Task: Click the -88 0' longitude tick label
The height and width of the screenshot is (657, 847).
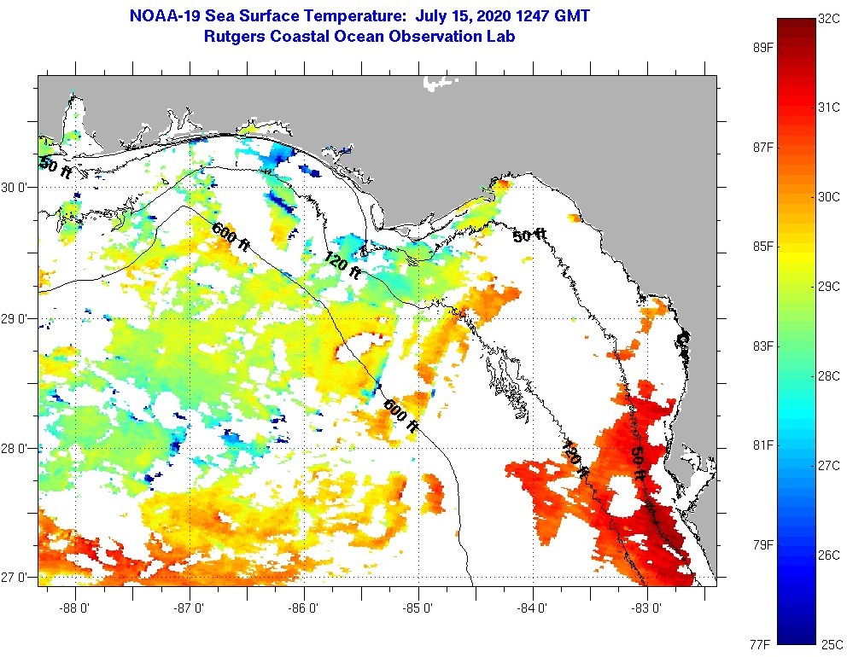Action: (x=76, y=608)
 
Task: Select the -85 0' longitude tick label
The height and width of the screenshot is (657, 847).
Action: (x=419, y=608)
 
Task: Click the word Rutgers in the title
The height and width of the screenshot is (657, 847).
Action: (x=234, y=37)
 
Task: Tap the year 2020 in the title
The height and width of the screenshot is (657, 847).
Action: (x=480, y=15)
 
